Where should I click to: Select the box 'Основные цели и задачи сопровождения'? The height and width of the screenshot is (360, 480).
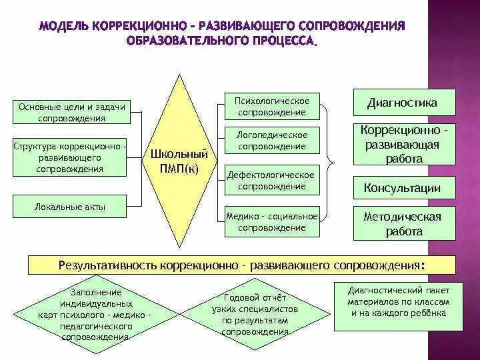click(x=71, y=112)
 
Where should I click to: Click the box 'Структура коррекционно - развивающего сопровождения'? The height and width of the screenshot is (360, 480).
click(x=70, y=157)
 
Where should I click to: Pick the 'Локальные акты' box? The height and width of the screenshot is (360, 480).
click(x=70, y=207)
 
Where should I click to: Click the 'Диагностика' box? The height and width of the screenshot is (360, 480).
click(x=403, y=103)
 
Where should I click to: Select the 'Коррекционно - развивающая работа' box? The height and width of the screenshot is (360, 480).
click(x=403, y=143)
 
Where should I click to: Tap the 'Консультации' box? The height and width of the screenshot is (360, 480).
click(x=403, y=187)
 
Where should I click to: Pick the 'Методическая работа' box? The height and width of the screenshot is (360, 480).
click(x=403, y=224)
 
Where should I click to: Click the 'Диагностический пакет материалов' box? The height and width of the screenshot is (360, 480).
click(x=398, y=306)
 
